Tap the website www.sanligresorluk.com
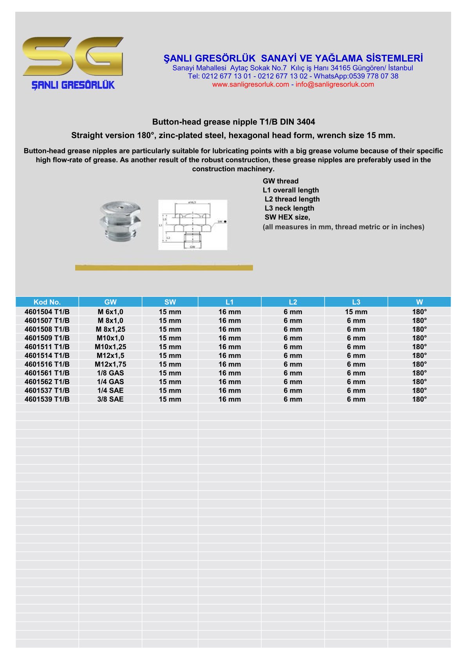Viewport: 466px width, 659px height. (x=250, y=85)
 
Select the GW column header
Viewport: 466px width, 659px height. (x=110, y=302)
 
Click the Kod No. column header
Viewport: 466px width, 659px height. (x=47, y=302)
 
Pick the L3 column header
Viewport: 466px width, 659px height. (x=356, y=302)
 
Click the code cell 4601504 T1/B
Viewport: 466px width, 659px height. (x=47, y=312)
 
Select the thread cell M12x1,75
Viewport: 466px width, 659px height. (x=110, y=365)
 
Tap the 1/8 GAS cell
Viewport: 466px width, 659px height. (x=110, y=373)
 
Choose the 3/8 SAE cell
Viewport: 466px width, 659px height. (x=110, y=399)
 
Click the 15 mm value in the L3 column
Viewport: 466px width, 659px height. (x=356, y=312)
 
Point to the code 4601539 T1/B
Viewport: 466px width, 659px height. (x=47, y=399)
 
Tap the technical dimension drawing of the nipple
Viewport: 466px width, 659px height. (x=193, y=225)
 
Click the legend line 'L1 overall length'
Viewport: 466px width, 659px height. (x=291, y=190)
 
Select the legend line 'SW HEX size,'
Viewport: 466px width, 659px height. (x=287, y=217)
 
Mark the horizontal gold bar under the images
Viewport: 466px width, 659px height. (x=164, y=268)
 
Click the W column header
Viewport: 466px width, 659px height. (x=419, y=302)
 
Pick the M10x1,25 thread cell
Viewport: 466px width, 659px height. (x=110, y=347)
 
